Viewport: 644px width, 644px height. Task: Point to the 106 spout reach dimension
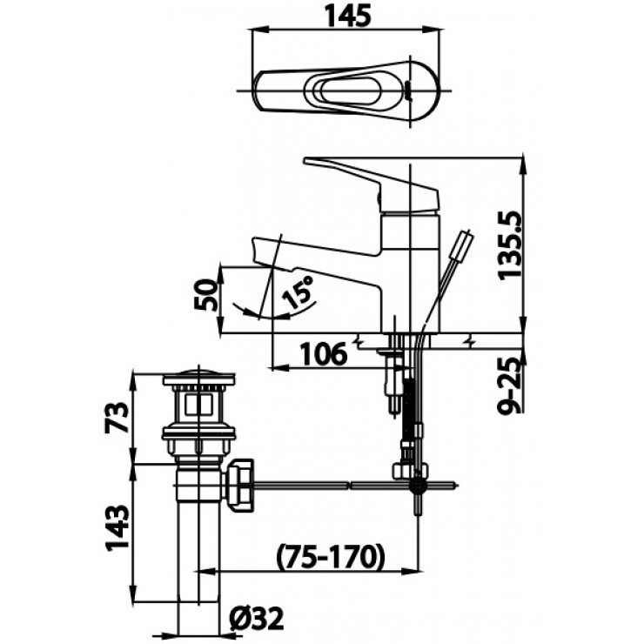click(324, 354)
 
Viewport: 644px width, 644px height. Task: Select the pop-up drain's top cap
click(199, 380)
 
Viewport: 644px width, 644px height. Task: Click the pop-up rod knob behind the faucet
click(465, 241)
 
